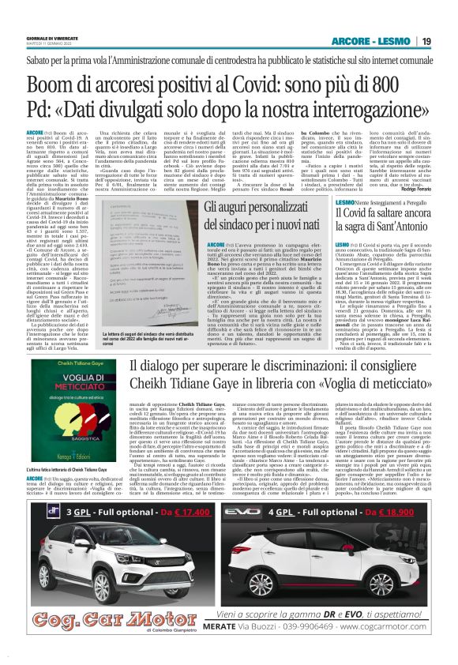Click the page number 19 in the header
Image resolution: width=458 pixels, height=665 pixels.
[426, 41]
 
